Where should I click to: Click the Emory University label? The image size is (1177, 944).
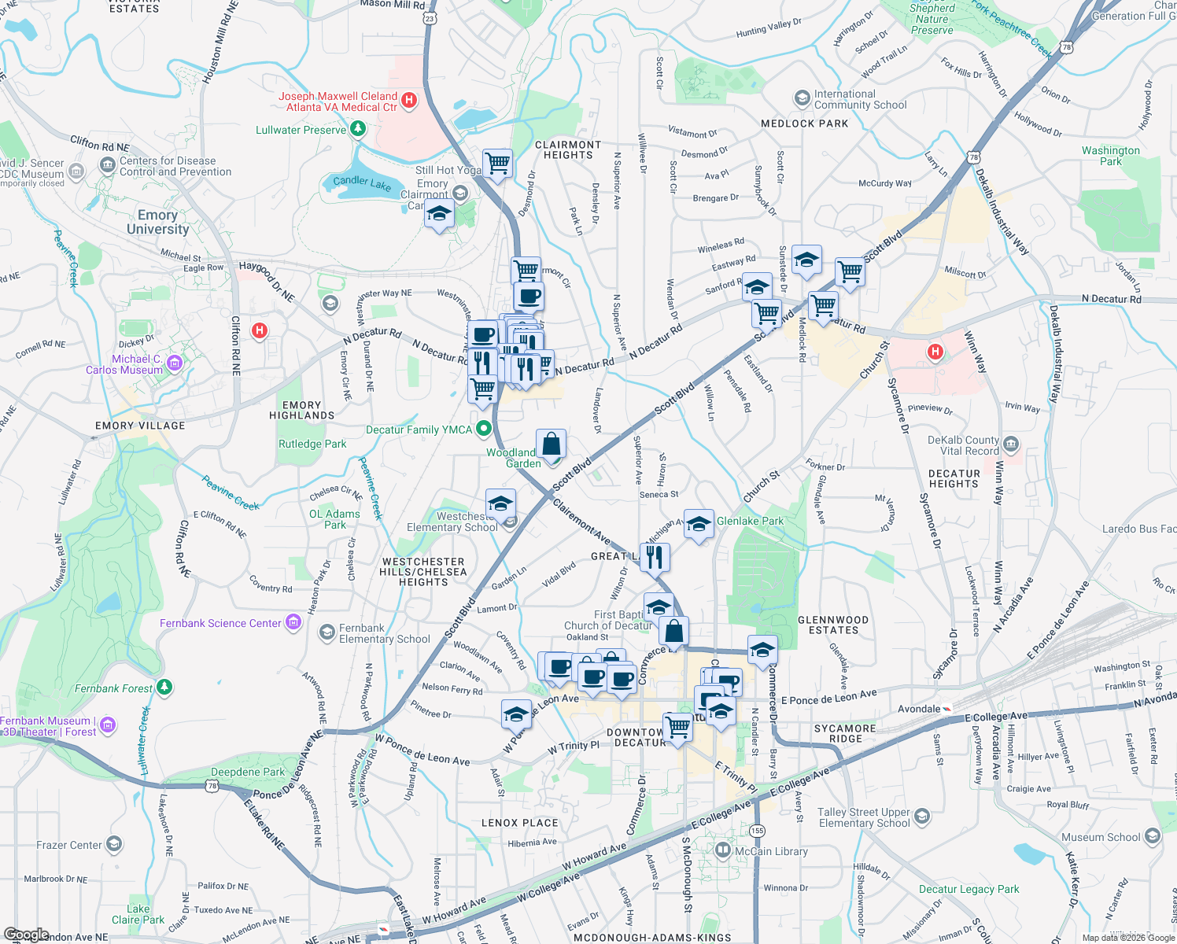[x=158, y=222]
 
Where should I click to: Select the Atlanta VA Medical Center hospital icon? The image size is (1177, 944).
[x=408, y=100]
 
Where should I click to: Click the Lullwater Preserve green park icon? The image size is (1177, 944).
[x=358, y=128]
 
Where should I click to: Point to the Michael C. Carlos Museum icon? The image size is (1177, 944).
[x=175, y=363]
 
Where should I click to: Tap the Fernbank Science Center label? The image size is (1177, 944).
[x=220, y=623]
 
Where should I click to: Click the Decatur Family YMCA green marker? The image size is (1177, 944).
[x=484, y=429]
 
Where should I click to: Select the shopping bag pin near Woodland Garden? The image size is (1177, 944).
[x=551, y=444]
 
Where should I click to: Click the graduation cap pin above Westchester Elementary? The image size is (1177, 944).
[x=500, y=503]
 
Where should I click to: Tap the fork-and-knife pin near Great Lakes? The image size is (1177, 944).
[x=655, y=557]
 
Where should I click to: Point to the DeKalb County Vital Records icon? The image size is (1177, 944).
[x=1011, y=444]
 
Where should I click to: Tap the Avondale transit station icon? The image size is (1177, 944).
[x=947, y=709]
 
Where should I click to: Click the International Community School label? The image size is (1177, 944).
[x=860, y=99]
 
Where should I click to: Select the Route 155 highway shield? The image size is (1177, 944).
[x=757, y=831]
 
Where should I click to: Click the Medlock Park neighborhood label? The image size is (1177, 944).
[x=804, y=124]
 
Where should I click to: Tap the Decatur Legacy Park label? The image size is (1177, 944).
[x=969, y=889]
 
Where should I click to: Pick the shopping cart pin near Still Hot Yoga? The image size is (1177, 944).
[x=497, y=164]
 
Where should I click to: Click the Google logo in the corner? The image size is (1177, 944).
[x=26, y=935]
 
